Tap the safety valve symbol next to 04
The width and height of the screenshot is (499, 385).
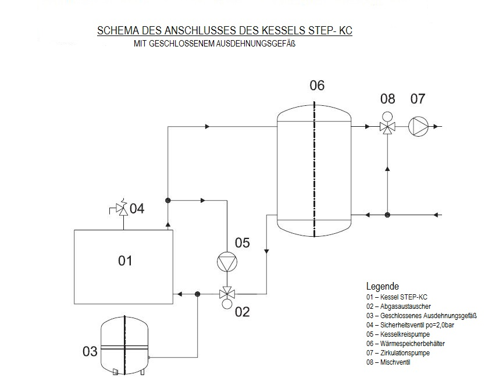coord(123,209)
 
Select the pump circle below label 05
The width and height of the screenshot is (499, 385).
coord(226,263)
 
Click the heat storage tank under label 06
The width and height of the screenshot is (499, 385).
coord(314,169)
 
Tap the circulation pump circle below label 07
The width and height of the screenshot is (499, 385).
coord(418,126)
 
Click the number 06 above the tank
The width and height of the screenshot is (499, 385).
coord(317,86)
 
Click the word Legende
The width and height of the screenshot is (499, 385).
coord(382,286)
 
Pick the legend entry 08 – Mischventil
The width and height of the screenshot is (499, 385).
coord(388,362)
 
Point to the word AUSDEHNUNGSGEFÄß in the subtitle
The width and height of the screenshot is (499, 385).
coord(256,44)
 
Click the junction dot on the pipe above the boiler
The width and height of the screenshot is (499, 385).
coord(167,200)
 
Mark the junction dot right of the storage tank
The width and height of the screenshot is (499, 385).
coord(387,215)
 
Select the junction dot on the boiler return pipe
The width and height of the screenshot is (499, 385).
coord(198,294)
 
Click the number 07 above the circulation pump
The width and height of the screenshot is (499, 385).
coord(418,99)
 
